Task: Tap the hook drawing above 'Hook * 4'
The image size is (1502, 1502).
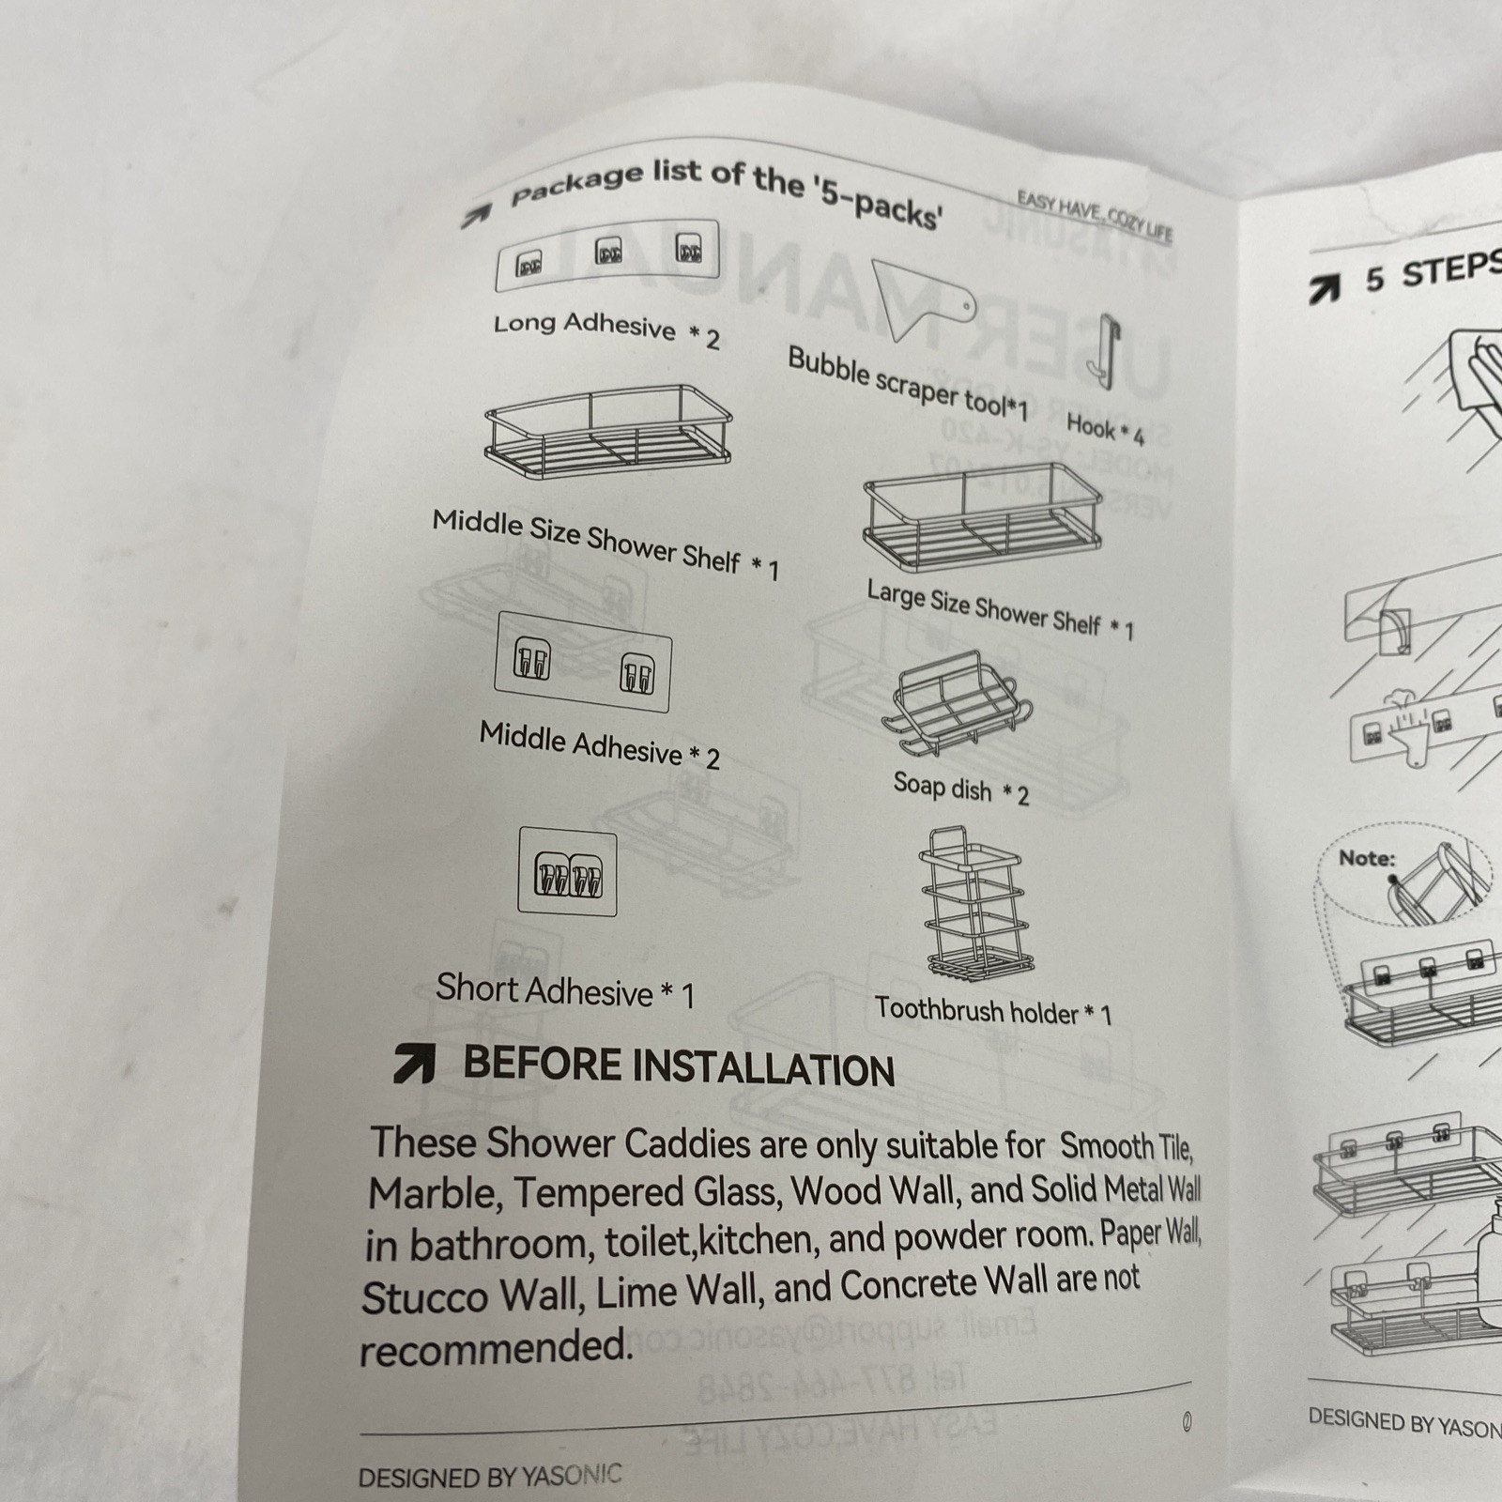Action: [1105, 351]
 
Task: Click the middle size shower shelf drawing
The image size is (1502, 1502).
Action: [608, 431]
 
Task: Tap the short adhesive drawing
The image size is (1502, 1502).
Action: [568, 872]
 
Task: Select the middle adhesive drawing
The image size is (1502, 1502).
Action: [583, 662]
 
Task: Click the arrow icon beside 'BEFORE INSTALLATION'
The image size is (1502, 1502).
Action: [414, 1064]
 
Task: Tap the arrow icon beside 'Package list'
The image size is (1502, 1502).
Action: [476, 216]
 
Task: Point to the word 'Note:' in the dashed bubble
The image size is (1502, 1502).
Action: [1367, 858]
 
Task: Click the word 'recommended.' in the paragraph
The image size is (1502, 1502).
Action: [496, 1348]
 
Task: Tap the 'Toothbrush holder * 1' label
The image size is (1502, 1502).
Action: [993, 1012]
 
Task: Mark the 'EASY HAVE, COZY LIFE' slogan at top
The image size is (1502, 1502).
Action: [1095, 215]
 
